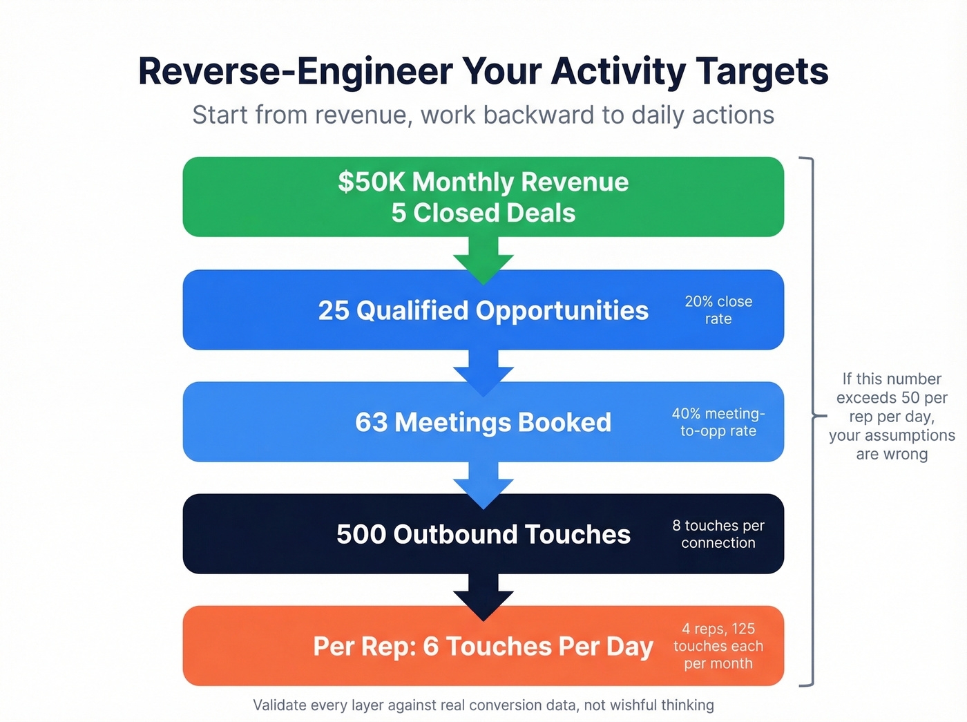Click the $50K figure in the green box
tap(371, 182)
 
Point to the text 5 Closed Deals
tap(483, 213)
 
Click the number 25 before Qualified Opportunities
tap(334, 310)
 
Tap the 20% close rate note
tap(718, 310)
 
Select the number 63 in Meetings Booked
tap(371, 422)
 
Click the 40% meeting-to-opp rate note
tap(718, 422)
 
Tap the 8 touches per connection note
tap(718, 534)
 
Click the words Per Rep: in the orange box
tap(364, 647)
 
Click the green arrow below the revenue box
tap(483, 259)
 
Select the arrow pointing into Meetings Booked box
tap(483, 372)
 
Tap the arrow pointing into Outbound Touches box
tap(483, 484)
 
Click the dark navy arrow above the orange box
tap(483, 596)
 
